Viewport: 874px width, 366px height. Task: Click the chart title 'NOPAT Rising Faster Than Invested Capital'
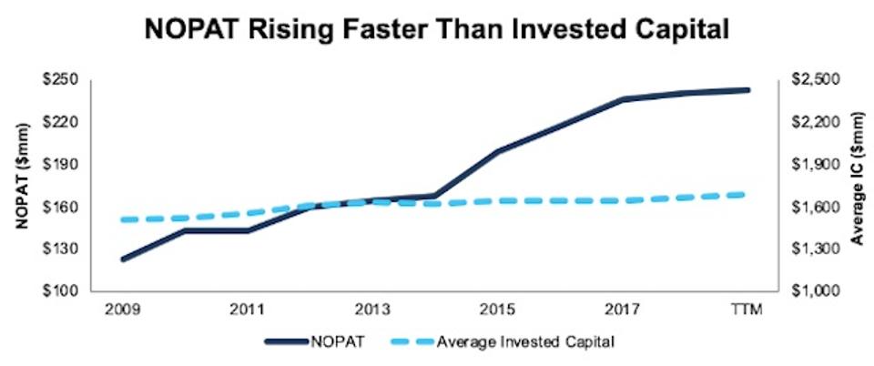point(436,29)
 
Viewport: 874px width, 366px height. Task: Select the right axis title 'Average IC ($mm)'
point(857,185)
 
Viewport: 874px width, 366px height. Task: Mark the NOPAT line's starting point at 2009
point(122,259)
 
